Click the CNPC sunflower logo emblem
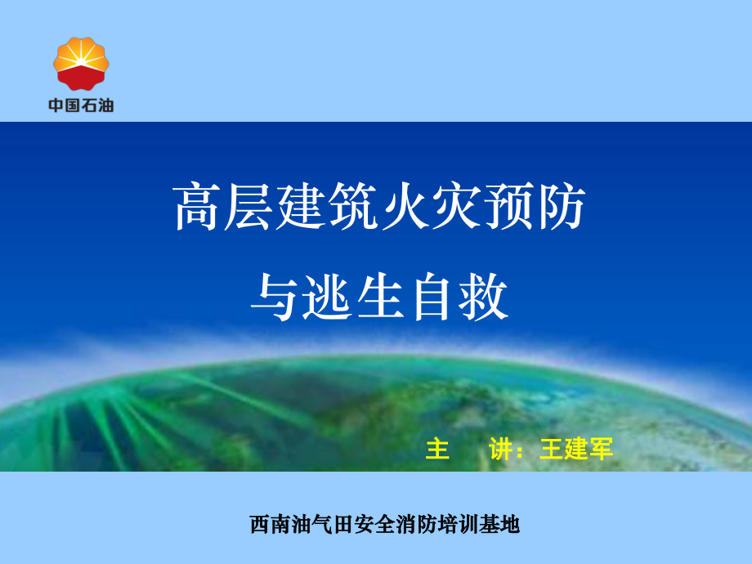tap(80, 65)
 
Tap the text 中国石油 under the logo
tap(80, 105)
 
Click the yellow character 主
tap(438, 449)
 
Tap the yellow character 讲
tap(500, 449)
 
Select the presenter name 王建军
tap(576, 449)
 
